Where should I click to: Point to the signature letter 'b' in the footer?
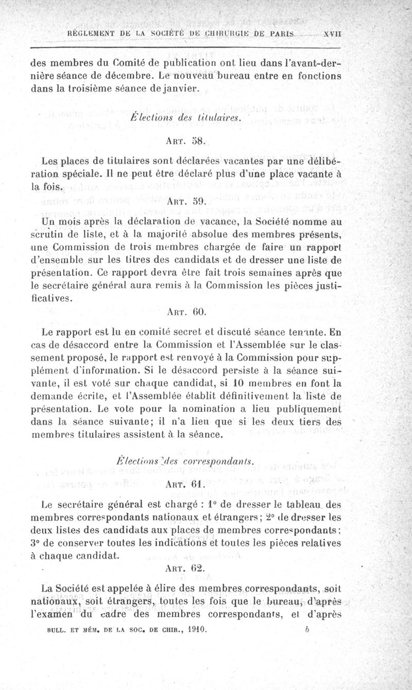[x=306, y=629]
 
